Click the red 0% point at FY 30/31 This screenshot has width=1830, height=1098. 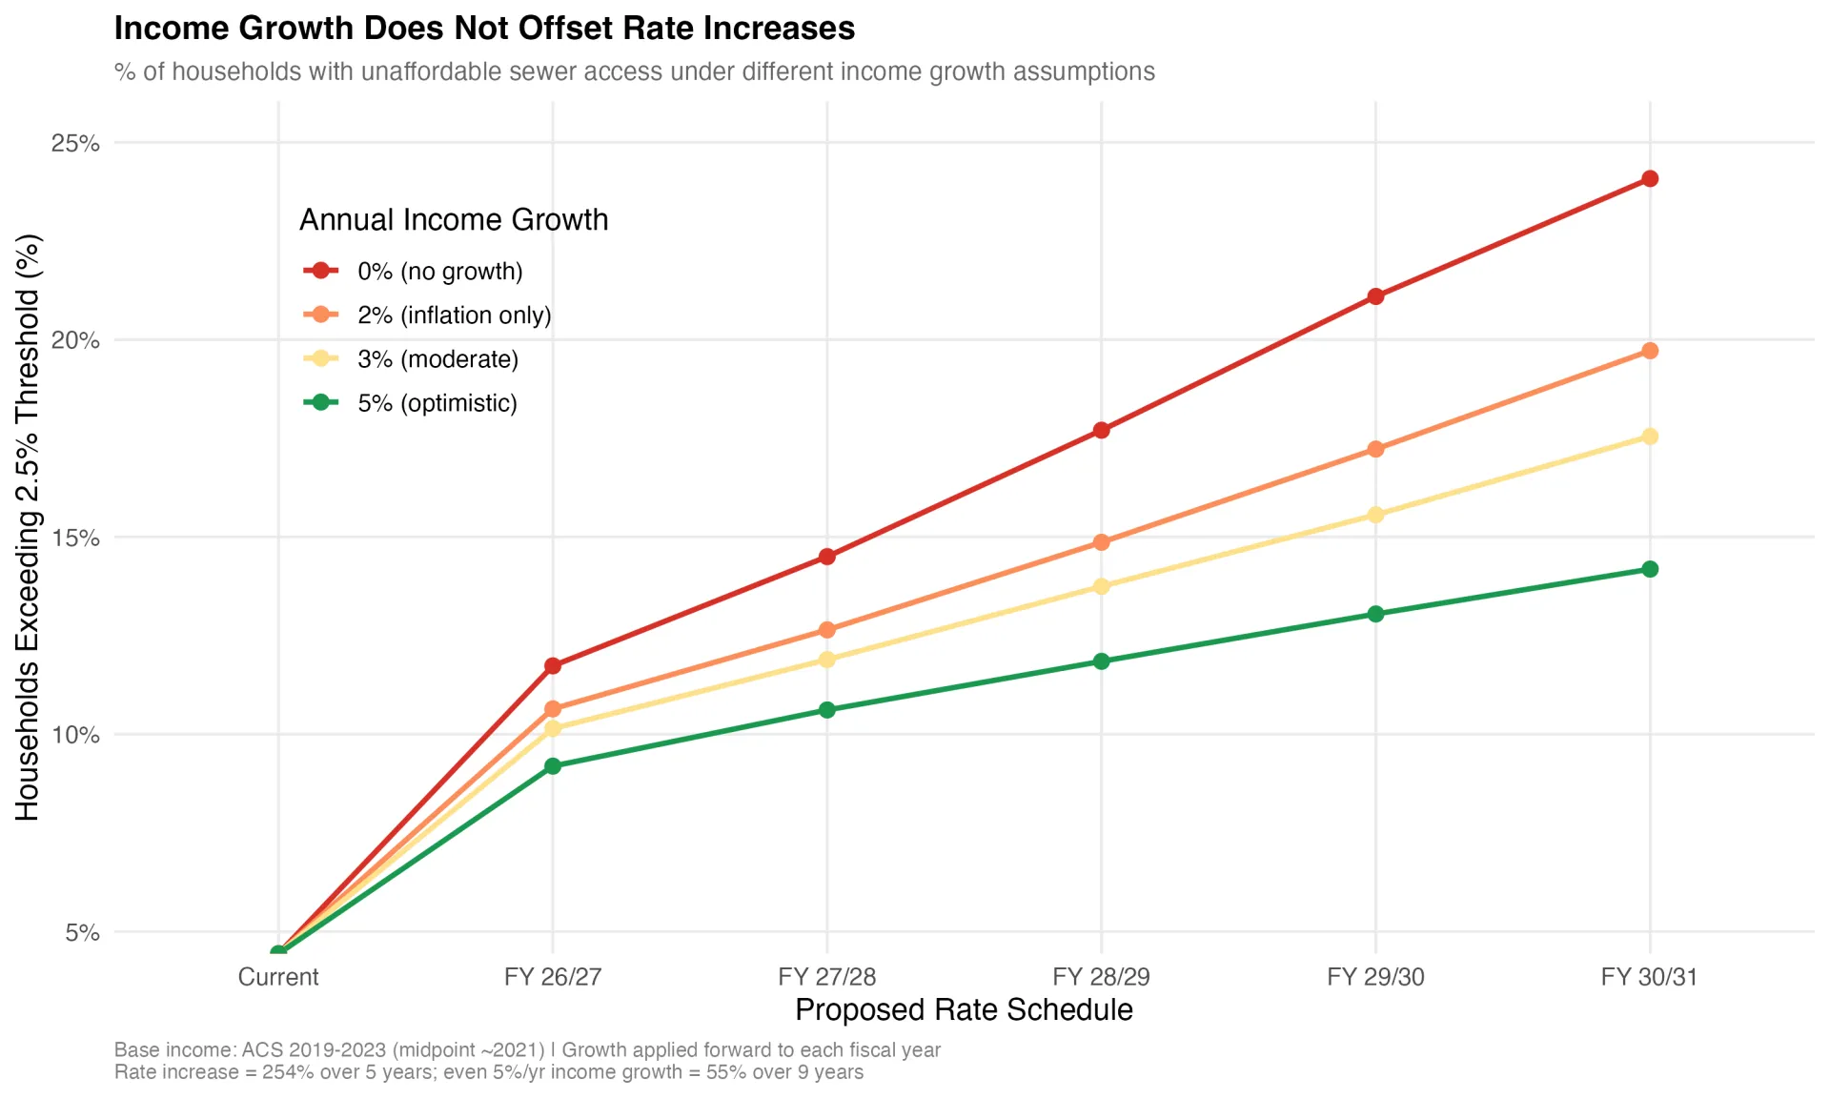pyautogui.click(x=1649, y=179)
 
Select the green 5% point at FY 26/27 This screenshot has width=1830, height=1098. pyautogui.click(x=553, y=766)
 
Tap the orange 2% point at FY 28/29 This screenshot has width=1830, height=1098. pyautogui.click(x=1101, y=542)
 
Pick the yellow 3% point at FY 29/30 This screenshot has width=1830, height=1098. pyautogui.click(x=1375, y=515)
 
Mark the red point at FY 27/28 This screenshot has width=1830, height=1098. pyautogui.click(x=826, y=557)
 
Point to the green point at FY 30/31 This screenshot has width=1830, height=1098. pyautogui.click(x=1649, y=569)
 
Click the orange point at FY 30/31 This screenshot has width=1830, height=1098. pyautogui.click(x=1649, y=351)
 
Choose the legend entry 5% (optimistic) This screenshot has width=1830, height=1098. pyautogui.click(x=437, y=403)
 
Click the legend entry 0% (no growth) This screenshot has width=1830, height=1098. pyautogui.click(x=439, y=272)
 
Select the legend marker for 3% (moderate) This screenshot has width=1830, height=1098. pyautogui.click(x=321, y=359)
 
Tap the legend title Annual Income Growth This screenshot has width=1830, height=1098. pyautogui.click(x=454, y=220)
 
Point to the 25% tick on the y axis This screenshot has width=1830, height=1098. pyautogui.click(x=75, y=143)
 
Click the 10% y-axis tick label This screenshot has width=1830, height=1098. pyautogui.click(x=75, y=735)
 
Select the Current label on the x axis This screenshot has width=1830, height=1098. pyautogui.click(x=278, y=977)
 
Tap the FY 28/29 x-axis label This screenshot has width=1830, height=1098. pyautogui.click(x=1101, y=977)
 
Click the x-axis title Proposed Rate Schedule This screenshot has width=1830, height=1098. pyautogui.click(x=964, y=1010)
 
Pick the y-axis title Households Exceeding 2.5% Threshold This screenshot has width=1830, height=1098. pyautogui.click(x=27, y=527)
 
